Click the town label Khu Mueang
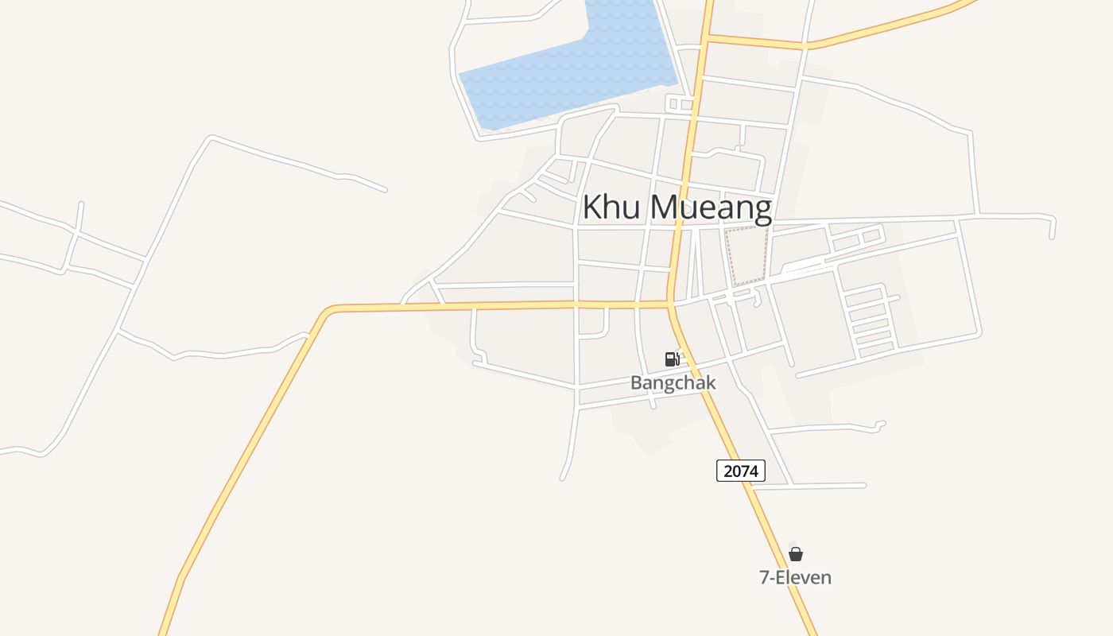[x=677, y=207]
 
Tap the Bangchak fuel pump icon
[x=673, y=359]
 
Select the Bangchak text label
[x=673, y=382]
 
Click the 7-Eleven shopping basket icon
[x=795, y=554]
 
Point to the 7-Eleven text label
[x=795, y=578]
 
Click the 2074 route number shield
[x=740, y=471]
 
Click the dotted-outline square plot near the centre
[x=747, y=255]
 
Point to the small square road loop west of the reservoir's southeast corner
[x=680, y=104]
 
